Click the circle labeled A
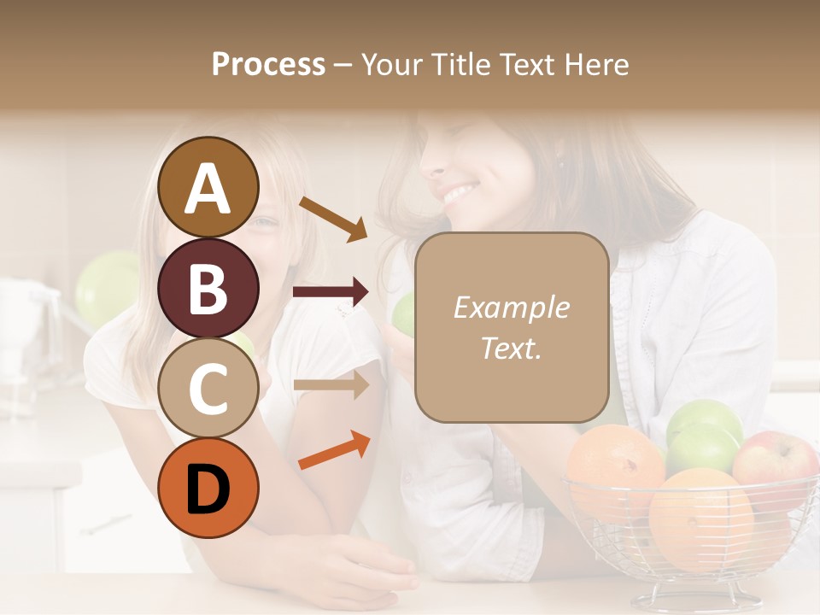tap(208, 187)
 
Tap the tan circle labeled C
tap(208, 388)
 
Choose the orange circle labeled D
tap(208, 488)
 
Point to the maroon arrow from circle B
tap(331, 293)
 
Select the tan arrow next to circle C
tap(331, 384)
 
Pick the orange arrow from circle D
tap(334, 450)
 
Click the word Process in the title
tap(268, 64)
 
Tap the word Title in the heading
tap(461, 64)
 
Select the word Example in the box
tap(511, 307)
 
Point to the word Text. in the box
tap(511, 348)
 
